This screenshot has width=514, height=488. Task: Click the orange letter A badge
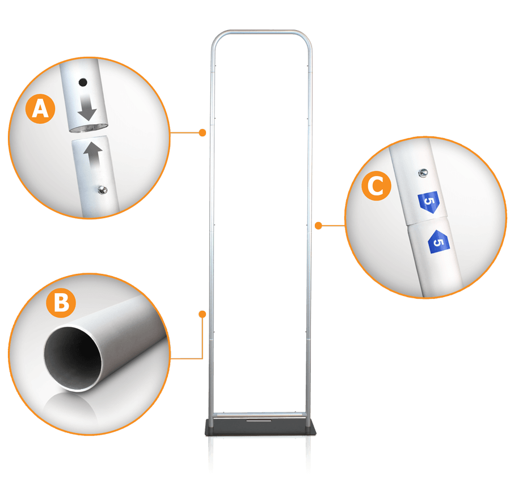tap(40, 109)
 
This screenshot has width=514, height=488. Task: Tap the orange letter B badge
tap(61, 303)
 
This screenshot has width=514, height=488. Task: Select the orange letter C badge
tap(376, 186)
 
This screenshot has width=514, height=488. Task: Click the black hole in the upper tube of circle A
tap(83, 82)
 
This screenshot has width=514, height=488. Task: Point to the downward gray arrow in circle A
tap(87, 107)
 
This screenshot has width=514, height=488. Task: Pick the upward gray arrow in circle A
tap(93, 155)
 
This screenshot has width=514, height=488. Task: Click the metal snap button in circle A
tap(103, 190)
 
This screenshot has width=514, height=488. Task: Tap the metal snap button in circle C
tap(423, 173)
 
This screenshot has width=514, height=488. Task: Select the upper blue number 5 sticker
tap(428, 202)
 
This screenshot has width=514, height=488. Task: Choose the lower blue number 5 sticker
tap(439, 242)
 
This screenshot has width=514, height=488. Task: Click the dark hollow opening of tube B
tap(73, 358)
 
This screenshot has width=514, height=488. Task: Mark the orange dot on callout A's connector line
tap(203, 132)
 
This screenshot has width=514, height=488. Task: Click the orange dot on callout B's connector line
tap(203, 314)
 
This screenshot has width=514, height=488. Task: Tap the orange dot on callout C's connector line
tap(318, 226)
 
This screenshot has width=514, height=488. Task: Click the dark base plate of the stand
tap(260, 427)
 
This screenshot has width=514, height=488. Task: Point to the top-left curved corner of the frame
tap(216, 37)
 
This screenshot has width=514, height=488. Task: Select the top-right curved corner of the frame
tap(306, 37)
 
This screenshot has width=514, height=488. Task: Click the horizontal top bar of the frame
tap(262, 32)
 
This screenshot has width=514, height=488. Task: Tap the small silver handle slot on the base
tap(259, 420)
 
